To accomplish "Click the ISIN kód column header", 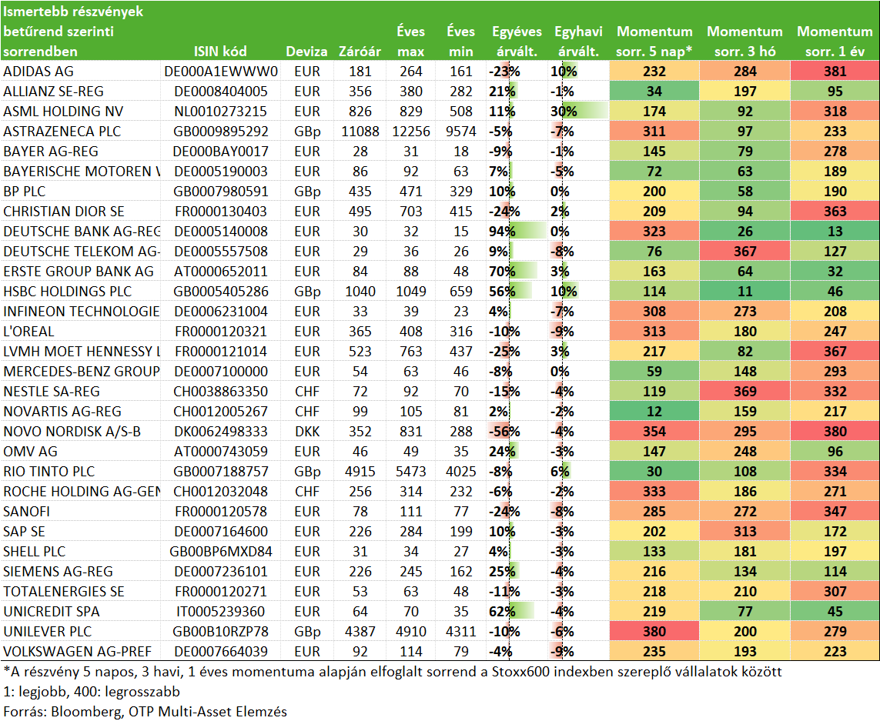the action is click(220, 52).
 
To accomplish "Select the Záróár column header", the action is click(360, 52).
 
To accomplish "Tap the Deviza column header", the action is click(306, 52).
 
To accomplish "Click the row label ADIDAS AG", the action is click(38, 72).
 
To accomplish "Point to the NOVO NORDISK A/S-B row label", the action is click(72, 432).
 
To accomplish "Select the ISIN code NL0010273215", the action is click(220, 111).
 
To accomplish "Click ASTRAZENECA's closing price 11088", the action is click(360, 132).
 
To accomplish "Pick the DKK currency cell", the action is click(307, 432).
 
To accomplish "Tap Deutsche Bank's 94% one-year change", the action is click(502, 231).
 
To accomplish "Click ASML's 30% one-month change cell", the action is click(564, 111).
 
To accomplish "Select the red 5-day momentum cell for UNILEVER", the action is click(654, 631).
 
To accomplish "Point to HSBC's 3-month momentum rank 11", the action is click(744, 291).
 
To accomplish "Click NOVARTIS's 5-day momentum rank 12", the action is click(654, 411).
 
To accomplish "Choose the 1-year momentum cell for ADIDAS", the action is click(835, 72).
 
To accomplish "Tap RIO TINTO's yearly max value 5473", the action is click(411, 472).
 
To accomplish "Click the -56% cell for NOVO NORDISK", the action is click(504, 432).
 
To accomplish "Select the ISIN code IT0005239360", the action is click(220, 612).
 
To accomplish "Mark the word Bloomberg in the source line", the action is click(86, 712).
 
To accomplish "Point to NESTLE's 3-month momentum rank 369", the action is click(744, 391).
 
